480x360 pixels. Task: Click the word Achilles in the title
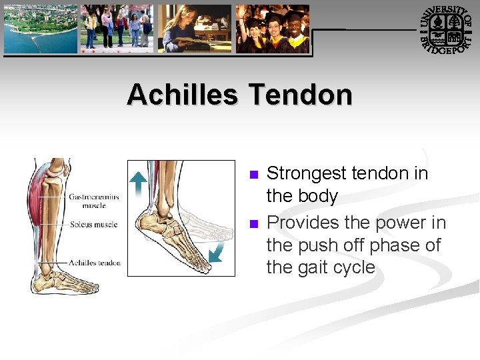click(182, 95)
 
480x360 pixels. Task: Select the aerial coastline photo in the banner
click(41, 29)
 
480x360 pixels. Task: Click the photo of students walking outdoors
click(117, 29)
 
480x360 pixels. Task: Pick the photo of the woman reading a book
click(194, 29)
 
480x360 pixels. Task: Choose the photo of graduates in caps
click(273, 29)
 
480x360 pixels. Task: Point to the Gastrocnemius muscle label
click(93, 201)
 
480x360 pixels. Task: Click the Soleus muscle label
click(94, 225)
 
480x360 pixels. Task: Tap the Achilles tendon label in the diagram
click(94, 263)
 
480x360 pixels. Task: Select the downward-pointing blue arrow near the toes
click(215, 251)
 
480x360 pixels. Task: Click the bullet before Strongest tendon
click(253, 175)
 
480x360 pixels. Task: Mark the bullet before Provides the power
click(253, 223)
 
